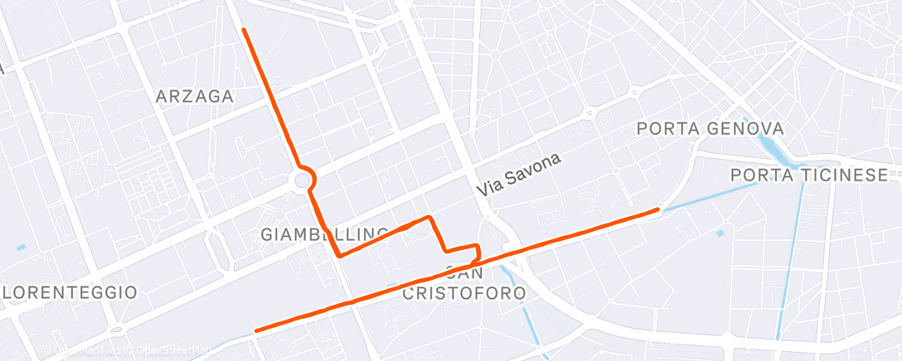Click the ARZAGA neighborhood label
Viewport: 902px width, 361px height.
point(195,97)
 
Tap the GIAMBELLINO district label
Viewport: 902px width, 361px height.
point(325,234)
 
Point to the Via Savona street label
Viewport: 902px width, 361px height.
point(520,175)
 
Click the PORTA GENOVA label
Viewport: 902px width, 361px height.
point(710,129)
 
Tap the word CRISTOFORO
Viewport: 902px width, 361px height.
point(464,293)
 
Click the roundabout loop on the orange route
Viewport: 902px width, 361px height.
point(303,179)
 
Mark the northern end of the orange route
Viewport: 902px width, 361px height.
point(244,30)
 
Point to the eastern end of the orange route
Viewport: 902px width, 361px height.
point(658,210)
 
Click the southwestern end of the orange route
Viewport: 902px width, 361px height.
point(256,330)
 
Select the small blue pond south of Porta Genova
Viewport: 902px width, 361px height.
point(720,233)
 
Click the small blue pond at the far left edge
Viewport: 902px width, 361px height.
point(21,246)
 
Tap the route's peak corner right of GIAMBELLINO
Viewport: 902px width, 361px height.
point(429,217)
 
